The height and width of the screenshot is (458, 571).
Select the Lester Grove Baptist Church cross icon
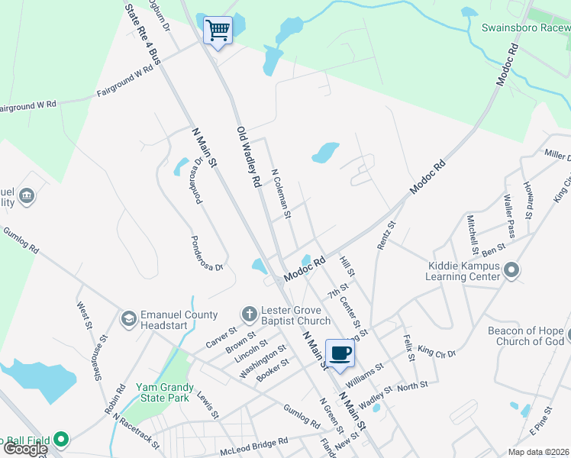[248, 314]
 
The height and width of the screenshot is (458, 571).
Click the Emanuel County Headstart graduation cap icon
[128, 318]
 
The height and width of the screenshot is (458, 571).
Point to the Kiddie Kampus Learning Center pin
[512, 270]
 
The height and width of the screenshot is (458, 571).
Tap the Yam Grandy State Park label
[162, 392]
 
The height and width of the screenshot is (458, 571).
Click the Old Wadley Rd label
[248, 158]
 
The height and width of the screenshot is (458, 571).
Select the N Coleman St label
[281, 194]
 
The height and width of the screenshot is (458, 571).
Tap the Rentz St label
[387, 236]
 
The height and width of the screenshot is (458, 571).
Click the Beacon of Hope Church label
[526, 336]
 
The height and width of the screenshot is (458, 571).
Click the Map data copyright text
[539, 452]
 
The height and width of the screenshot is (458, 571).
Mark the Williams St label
[363, 371]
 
